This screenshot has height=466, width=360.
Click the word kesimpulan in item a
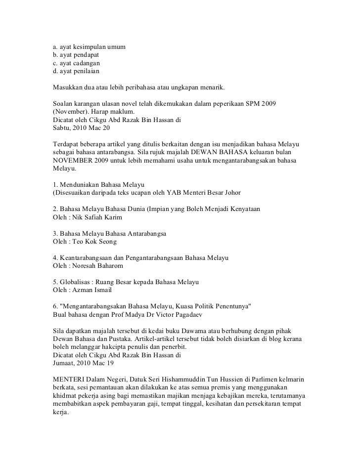click(x=90, y=47)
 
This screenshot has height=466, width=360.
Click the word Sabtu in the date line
click(x=62, y=127)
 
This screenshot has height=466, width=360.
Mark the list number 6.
click(x=55, y=306)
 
